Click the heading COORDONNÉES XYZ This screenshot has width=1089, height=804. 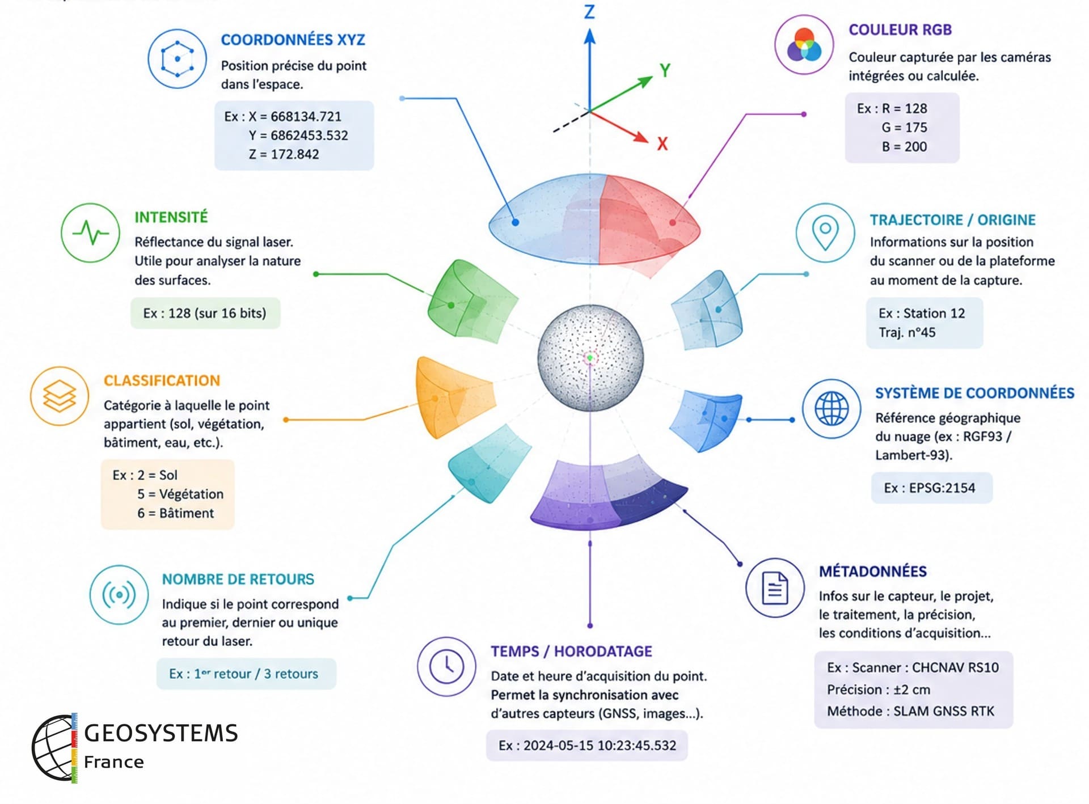coord(293,40)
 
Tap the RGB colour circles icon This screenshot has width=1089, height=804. coord(804,45)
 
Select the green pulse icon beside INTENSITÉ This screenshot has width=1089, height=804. coord(90,232)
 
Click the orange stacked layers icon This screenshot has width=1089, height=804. coord(60,396)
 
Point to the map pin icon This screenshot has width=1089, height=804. coord(825,232)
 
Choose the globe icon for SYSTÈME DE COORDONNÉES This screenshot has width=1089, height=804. coord(831,408)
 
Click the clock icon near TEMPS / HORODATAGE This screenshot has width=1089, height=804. coord(447,666)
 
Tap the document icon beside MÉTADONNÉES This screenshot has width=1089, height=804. coord(775,587)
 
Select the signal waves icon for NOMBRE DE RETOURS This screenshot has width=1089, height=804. coord(119,595)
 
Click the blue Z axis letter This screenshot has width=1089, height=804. coord(590,12)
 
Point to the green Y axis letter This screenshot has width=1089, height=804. coord(665,70)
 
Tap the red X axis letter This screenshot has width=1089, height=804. coord(662,143)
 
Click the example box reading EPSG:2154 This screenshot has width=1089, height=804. coord(932,488)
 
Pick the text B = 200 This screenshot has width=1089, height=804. coord(904,147)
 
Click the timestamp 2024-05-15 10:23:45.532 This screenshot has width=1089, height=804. coord(600,745)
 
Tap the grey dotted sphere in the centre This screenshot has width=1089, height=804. coord(590,358)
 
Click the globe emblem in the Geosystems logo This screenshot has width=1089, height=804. coord(54,748)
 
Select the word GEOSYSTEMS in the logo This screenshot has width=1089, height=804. coord(161,733)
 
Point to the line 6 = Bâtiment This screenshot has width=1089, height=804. coord(175,513)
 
